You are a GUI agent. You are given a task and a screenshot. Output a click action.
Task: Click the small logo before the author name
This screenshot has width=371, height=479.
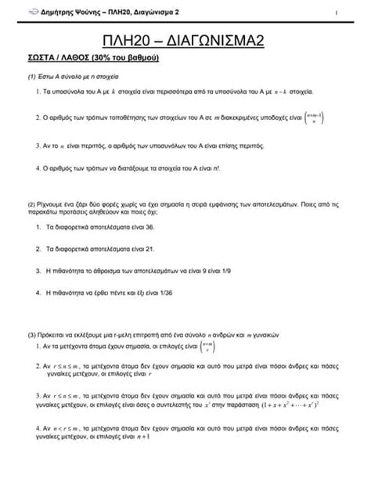[32, 12]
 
